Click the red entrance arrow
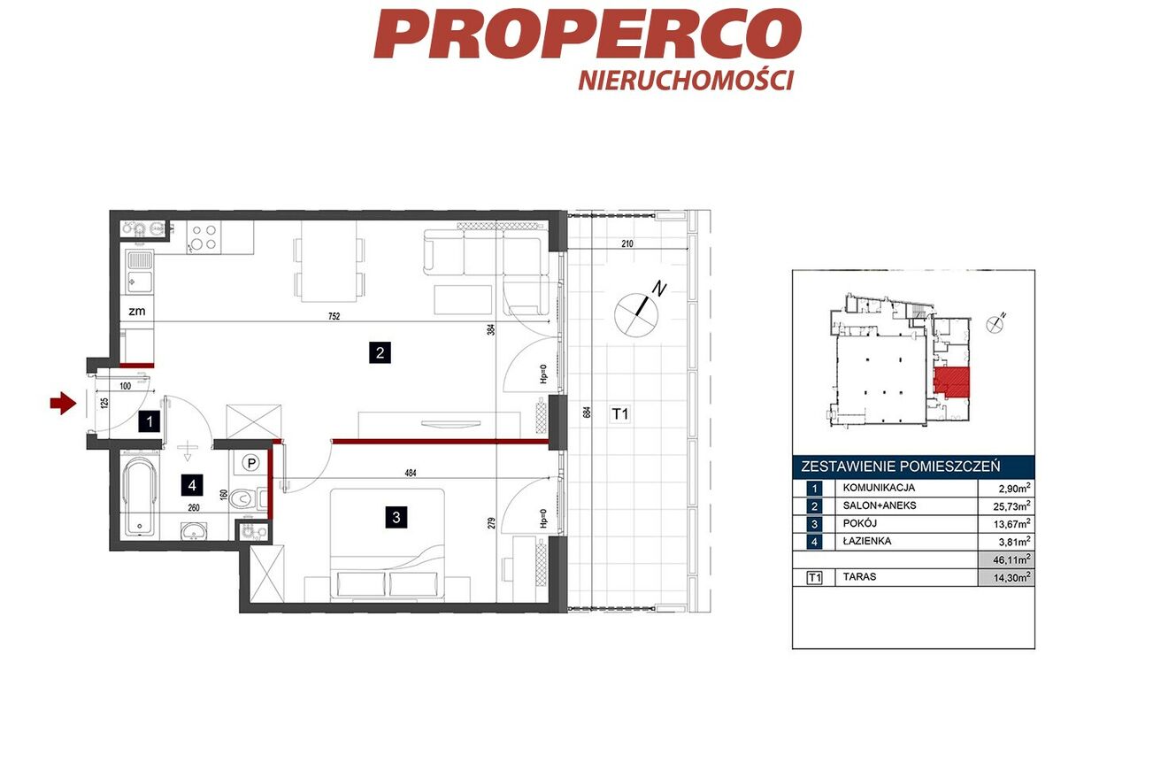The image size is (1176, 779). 64,404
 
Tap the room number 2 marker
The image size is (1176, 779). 380,352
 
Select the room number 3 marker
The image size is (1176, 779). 396,517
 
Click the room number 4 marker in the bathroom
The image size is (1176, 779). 192,485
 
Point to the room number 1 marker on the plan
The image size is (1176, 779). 150,421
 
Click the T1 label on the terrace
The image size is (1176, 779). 620,414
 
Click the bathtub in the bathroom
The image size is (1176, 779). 139,497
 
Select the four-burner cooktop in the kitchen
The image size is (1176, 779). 204,237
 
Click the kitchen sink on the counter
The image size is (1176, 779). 140,272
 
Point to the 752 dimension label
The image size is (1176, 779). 334,316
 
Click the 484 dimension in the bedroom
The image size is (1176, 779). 411,473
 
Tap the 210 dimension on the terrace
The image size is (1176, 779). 626,243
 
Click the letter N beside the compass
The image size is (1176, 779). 659,289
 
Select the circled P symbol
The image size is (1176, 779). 252,463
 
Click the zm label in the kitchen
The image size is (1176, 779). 136,311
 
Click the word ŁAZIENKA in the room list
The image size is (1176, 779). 867,541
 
